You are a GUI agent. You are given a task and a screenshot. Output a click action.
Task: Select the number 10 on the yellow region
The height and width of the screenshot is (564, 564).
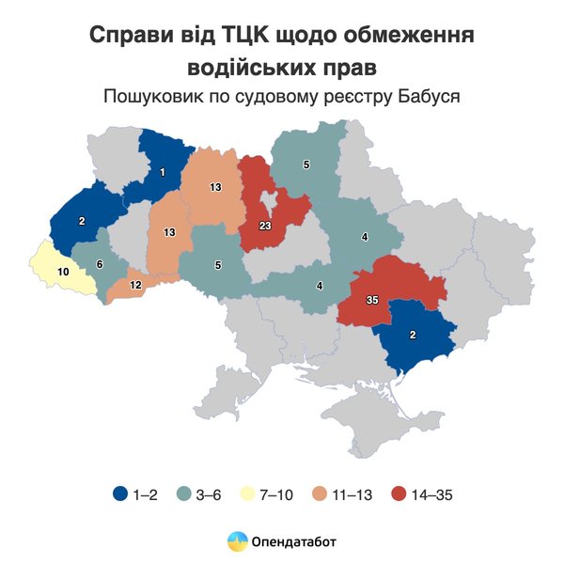point(64,272)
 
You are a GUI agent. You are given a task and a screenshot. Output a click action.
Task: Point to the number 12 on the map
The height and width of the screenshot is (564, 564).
point(135,285)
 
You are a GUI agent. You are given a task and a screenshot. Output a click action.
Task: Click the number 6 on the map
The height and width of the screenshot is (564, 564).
point(100,264)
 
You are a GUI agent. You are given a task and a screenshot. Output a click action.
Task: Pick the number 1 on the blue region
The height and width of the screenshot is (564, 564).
point(163,172)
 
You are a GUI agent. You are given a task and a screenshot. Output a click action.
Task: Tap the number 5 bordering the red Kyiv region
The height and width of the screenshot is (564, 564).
point(305,165)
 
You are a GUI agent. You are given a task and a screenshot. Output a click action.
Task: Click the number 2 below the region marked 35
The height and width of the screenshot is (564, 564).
point(414,335)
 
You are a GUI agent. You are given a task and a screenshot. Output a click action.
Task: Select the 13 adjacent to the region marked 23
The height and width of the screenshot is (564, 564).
point(215,188)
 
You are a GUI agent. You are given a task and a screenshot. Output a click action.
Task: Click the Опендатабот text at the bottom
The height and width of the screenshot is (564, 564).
point(293,540)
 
